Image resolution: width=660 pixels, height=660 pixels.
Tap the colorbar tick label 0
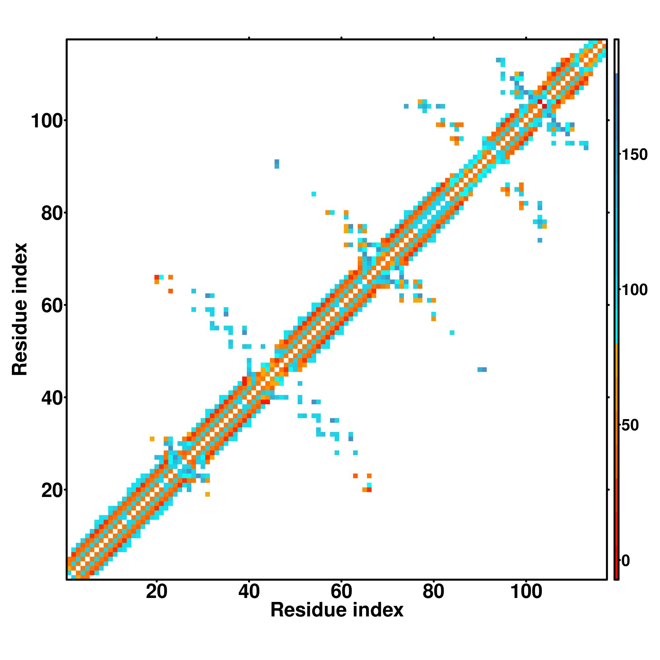626,561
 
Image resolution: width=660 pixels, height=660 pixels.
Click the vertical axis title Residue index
20,309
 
